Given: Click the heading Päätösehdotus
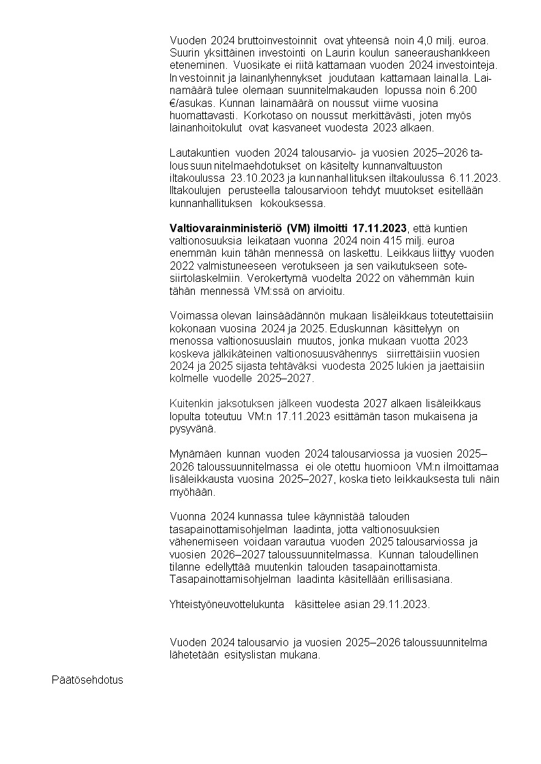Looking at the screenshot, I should (87, 680).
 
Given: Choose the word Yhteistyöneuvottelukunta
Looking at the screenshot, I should (226, 603).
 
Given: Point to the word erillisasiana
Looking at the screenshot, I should (422, 579).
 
